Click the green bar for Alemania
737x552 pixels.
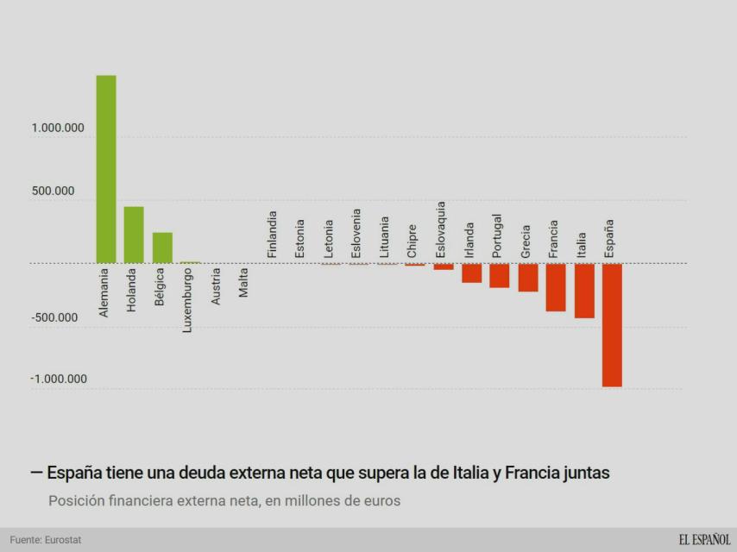point(106,169)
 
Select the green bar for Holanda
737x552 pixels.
point(134,235)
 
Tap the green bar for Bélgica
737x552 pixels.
point(162,248)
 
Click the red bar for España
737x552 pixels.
point(612,325)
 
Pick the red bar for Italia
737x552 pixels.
point(584,291)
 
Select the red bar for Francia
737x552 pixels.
point(556,287)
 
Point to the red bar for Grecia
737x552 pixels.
point(528,278)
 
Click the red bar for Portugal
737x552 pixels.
point(500,275)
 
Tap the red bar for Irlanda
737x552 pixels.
point(471,273)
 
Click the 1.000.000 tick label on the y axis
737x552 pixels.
point(58,129)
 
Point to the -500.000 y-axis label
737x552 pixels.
point(54,317)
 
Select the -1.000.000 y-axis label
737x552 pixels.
point(58,379)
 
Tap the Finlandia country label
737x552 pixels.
point(272,235)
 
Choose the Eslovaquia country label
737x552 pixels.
point(440,229)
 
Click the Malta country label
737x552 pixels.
point(244,283)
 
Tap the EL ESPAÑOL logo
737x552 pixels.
point(704,540)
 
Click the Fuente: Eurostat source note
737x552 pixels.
point(46,540)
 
